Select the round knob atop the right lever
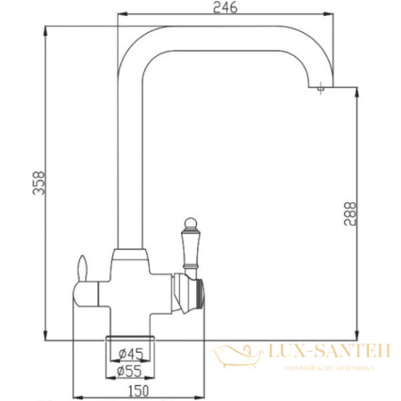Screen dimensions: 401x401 click(189, 221)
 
